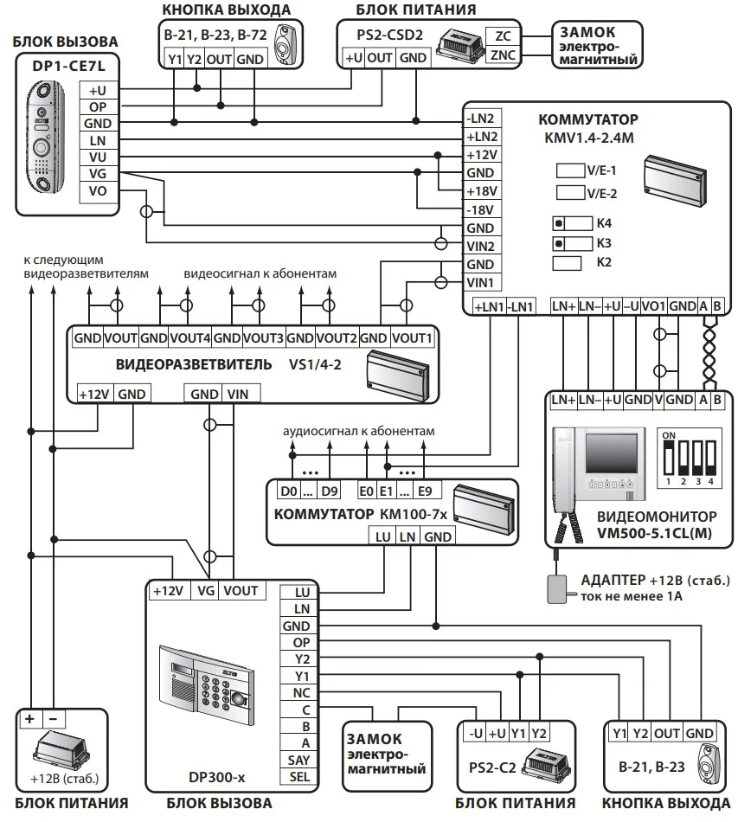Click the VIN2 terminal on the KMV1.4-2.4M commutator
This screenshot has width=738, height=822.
(x=481, y=247)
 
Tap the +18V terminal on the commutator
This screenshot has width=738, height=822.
(x=481, y=191)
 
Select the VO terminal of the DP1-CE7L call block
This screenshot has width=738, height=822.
(x=98, y=191)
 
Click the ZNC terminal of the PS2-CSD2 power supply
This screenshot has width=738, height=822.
(x=502, y=55)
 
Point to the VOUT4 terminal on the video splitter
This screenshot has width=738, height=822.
(x=189, y=338)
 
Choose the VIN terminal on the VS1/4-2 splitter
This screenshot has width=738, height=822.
(x=238, y=395)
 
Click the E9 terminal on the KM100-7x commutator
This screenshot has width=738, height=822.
(x=426, y=491)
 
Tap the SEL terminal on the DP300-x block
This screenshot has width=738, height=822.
(x=299, y=777)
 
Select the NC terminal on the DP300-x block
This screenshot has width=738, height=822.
(x=301, y=693)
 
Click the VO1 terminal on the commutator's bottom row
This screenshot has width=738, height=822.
(x=653, y=306)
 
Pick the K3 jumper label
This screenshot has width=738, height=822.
(x=604, y=243)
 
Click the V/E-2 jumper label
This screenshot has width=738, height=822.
(x=601, y=194)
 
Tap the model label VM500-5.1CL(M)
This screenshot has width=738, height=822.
(x=654, y=534)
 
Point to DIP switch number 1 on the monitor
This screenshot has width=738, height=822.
(x=668, y=459)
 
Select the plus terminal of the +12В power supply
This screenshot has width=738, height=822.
(x=30, y=719)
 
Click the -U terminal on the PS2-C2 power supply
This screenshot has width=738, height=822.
(x=476, y=734)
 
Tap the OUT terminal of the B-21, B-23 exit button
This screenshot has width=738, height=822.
(x=667, y=734)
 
